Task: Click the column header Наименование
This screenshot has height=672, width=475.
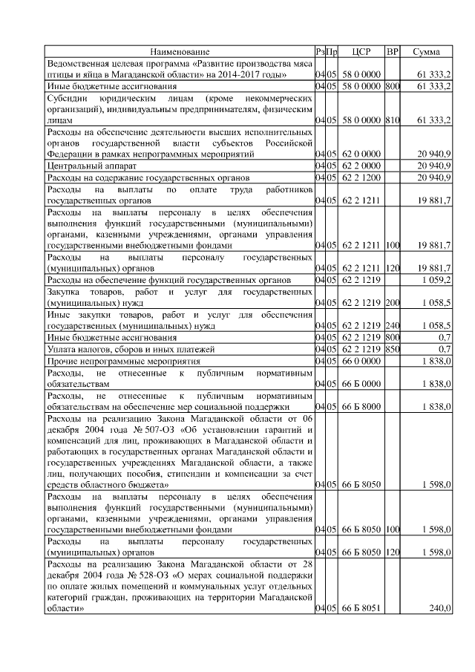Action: coord(180,52)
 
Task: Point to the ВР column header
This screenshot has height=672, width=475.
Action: coord(393,52)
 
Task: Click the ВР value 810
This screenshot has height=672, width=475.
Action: coord(393,120)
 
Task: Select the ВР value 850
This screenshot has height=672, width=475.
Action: coord(393,348)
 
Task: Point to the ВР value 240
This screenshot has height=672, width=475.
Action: coord(393,325)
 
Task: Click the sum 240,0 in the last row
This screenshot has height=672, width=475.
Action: coord(439,608)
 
